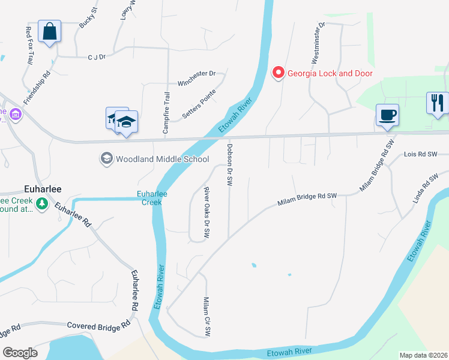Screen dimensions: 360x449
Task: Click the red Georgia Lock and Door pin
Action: coord(278,73)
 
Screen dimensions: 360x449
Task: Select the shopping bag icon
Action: coord(49,31)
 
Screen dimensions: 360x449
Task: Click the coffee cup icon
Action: coord(387,114)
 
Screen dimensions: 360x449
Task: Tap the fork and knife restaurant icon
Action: coord(437,103)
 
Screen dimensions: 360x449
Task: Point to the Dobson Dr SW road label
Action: coord(229,164)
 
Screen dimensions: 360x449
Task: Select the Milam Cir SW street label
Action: coord(206,316)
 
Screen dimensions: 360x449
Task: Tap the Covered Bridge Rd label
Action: coord(98,325)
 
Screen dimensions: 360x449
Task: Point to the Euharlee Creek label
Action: coord(152,198)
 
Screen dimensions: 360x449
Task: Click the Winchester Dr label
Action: coord(196,73)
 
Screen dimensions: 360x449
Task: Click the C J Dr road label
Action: coord(96,56)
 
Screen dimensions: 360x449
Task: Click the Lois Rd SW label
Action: coord(421,154)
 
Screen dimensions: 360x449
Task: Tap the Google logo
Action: coord(20,353)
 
